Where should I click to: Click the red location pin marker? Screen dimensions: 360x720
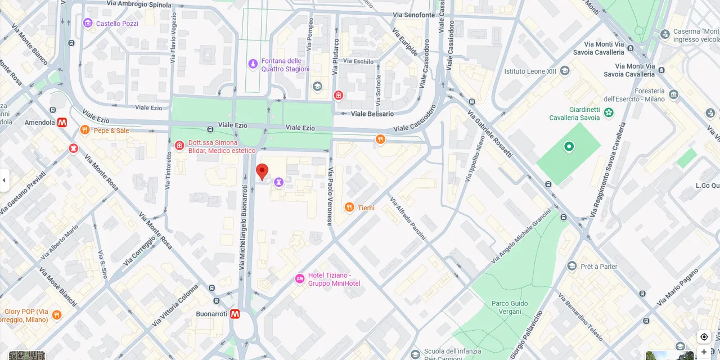pos(262,171)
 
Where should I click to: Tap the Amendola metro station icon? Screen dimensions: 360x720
pos(62,122)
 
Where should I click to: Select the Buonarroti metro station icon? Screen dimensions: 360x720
pos(235,314)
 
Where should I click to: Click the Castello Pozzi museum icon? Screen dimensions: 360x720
pos(87,23)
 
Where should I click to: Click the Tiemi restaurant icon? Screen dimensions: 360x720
pos(349,208)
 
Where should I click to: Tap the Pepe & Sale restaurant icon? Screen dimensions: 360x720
pos(84,130)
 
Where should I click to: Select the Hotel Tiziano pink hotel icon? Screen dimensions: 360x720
pos(300,279)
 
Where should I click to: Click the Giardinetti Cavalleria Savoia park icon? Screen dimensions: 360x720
pos(609,113)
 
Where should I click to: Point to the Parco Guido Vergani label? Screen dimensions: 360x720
pos(510,308)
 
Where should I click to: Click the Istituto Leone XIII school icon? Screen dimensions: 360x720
pos(565,71)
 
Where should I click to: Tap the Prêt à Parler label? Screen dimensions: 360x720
pos(599,267)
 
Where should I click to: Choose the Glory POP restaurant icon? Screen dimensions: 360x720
pos(56,315)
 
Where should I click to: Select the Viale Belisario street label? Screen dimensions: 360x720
pos(372,114)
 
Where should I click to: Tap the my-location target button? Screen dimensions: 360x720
pos(704,337)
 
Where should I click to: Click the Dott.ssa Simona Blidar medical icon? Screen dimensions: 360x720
pos(179,146)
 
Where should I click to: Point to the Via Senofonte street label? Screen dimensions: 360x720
pos(413,15)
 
